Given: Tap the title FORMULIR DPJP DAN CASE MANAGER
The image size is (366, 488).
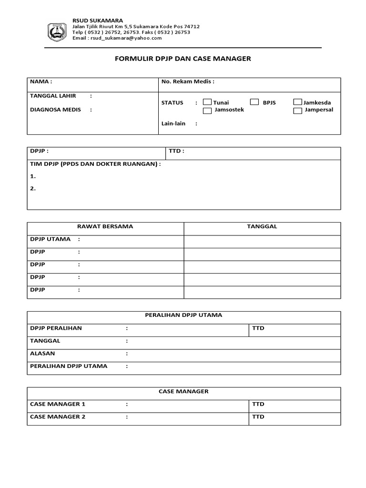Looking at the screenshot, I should pos(183,59).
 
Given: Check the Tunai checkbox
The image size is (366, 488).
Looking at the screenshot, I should pos(207,102).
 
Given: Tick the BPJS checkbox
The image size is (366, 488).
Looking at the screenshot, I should pos(254,102).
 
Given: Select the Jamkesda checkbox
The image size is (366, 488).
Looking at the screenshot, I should pos(297,102).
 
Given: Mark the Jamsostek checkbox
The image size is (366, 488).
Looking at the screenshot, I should pos(207,111).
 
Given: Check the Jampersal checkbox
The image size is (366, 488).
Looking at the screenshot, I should pos(297,111).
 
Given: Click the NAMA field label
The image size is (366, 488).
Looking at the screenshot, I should pos(41,81).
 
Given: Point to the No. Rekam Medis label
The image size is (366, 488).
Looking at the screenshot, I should pos(188,81).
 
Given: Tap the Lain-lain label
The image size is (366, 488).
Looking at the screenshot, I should pos(173,123).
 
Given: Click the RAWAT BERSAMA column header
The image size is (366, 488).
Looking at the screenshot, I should pos(106,227).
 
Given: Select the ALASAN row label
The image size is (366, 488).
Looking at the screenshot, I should pos(42,354).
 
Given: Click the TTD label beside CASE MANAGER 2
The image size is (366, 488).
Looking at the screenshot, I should pos(258,417).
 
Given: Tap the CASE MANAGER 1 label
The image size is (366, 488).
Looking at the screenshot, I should pos(58,404).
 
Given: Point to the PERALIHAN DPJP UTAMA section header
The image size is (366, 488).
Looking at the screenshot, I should pos(183,315).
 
